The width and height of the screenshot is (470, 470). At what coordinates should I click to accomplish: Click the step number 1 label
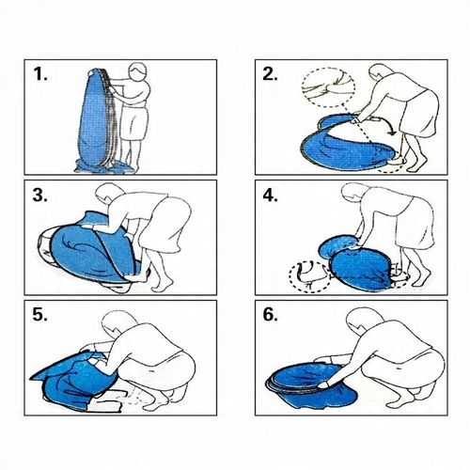coord(40,74)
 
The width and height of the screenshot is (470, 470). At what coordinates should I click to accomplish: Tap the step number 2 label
coord(270,74)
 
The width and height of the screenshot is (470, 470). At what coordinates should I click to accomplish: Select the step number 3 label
coord(40,195)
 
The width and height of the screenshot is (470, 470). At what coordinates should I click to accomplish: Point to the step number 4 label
coord(270,195)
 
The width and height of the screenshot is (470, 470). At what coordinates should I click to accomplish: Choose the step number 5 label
coord(40,315)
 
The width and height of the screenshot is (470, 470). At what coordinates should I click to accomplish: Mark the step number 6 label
coord(270,315)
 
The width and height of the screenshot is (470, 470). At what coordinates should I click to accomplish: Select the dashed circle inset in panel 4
coord(309,277)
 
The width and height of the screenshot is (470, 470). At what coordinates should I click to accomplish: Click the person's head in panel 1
coord(138,72)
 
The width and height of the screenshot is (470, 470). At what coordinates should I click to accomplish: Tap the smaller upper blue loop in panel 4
coord(338,246)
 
